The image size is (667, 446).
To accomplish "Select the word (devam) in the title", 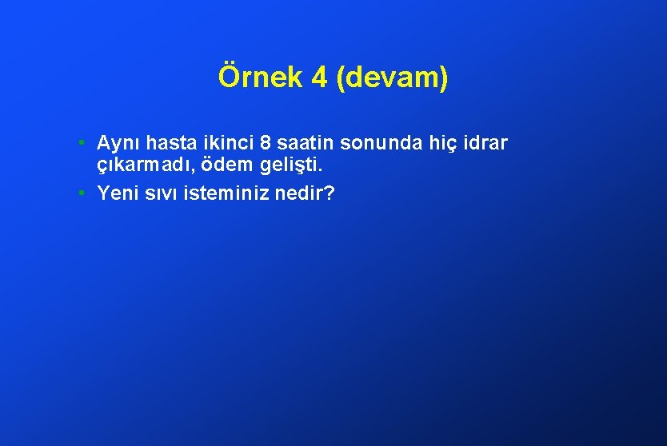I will coord(393,78).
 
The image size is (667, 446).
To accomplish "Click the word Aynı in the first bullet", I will coord(116,144).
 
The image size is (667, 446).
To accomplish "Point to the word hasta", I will coord(164,143).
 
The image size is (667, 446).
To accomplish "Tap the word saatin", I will coord(305,143).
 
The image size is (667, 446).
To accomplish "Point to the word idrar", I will coord(482,143).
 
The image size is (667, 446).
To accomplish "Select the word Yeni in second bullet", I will coord(115,193).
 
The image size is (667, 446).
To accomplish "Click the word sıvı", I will coord(158,193).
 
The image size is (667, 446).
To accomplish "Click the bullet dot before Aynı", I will coord(83,144).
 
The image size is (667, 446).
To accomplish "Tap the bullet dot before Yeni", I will coord(83,193).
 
